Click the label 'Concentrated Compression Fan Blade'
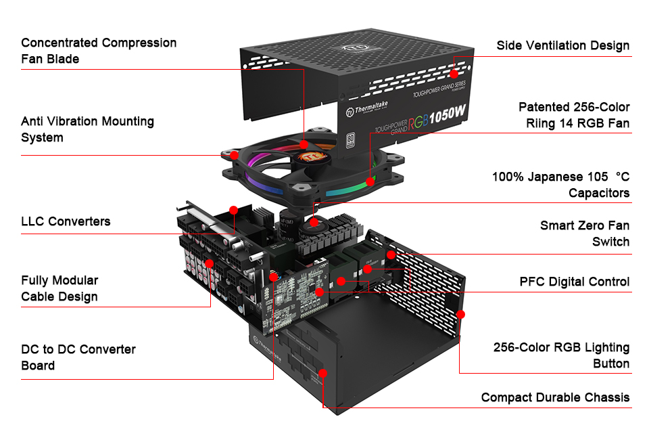click(99, 51)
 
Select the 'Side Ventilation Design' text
click(562, 46)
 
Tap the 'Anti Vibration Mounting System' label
click(87, 129)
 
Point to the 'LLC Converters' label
click(66, 221)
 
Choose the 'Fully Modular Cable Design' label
click(59, 288)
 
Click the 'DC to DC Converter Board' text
click(78, 357)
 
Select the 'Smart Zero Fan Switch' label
click(584, 234)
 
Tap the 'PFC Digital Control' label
click(574, 282)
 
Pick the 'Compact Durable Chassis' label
click(554, 397)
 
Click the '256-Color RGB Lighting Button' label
click(561, 355)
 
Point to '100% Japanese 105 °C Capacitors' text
click(560, 185)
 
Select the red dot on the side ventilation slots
click(454, 72)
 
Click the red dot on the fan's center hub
click(304, 144)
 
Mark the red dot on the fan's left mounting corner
click(234, 154)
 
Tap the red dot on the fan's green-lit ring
click(370, 181)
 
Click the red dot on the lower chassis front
click(322, 373)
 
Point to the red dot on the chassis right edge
click(461, 314)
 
